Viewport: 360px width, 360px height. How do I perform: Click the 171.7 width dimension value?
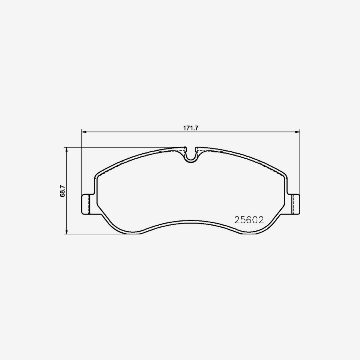click(x=191, y=128)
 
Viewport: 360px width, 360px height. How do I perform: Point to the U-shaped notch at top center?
click(x=191, y=156)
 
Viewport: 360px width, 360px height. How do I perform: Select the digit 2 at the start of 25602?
click(x=237, y=220)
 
